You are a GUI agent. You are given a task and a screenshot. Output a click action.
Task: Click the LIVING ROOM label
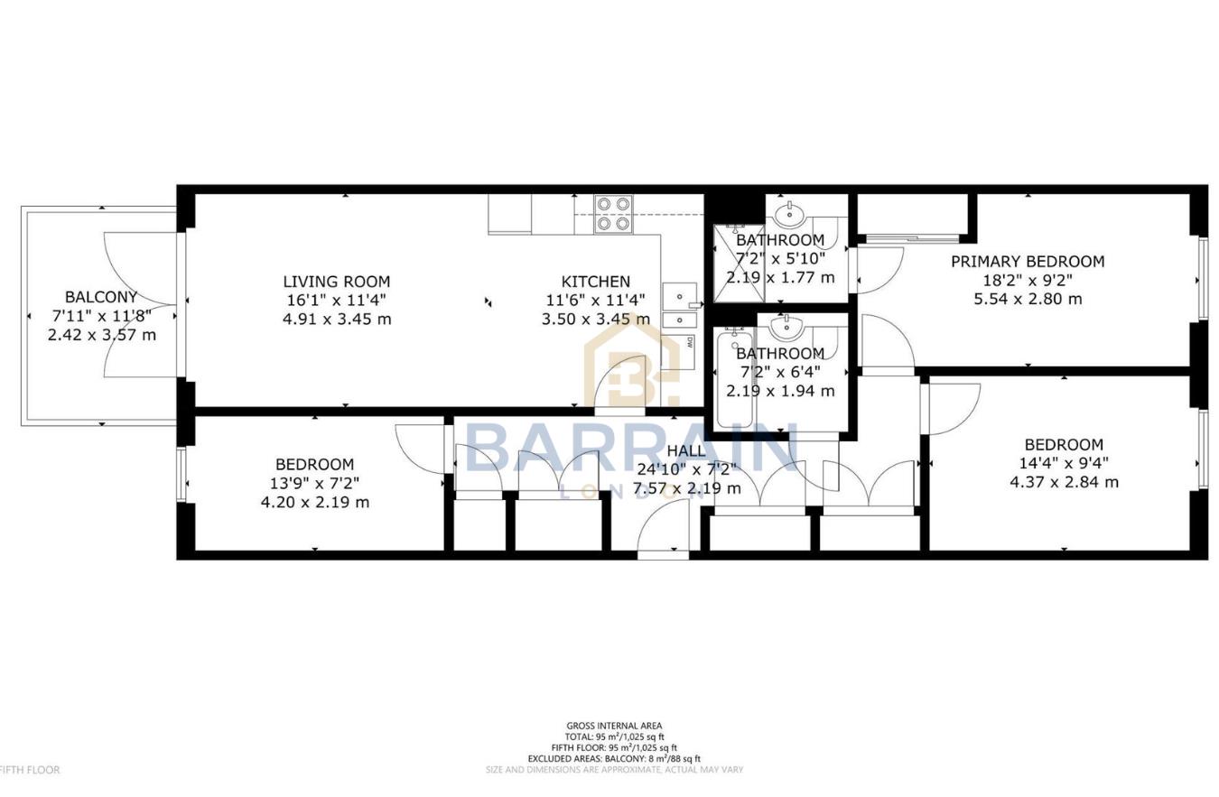[336, 282]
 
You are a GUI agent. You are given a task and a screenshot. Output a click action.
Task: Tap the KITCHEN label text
[595, 282]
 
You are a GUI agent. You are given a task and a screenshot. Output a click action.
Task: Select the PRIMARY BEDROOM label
[1027, 262]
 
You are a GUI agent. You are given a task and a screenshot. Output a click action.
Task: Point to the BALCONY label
[101, 297]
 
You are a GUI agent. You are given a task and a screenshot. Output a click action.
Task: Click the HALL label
[686, 451]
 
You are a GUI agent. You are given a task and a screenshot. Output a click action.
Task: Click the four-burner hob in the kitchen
[612, 214]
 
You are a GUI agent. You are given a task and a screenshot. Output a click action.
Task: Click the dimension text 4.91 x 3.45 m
[336, 319]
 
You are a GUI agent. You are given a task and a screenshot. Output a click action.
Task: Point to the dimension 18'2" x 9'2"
[1027, 280]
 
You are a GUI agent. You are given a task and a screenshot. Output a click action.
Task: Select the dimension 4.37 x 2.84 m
[1064, 482]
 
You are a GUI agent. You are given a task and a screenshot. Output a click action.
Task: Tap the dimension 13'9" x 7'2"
[314, 483]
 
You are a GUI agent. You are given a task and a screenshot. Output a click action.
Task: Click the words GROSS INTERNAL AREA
[614, 726]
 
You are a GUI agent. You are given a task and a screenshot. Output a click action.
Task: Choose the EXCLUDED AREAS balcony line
[614, 759]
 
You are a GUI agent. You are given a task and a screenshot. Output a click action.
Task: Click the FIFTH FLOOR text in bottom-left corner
[30, 770]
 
